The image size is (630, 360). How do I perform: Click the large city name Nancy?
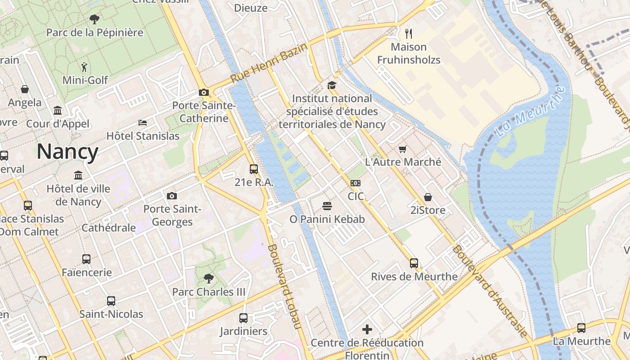(67, 152)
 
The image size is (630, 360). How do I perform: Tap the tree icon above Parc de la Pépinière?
(94, 19)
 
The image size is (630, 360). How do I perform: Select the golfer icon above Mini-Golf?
(84, 67)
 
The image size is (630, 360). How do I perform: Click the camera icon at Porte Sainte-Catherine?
(204, 92)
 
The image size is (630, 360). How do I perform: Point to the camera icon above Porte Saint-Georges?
(171, 196)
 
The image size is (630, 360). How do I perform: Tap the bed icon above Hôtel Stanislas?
(143, 122)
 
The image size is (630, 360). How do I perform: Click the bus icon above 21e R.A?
(254, 169)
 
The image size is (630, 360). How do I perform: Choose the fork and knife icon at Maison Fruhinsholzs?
(409, 33)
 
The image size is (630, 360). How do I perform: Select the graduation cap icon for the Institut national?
(332, 85)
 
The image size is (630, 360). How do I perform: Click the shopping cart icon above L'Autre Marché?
(403, 149)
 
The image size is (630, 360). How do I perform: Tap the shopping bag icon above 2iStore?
(427, 197)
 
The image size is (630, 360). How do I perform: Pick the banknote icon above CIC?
(355, 183)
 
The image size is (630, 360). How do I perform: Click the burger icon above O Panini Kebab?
(327, 206)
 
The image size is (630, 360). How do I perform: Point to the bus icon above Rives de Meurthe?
(414, 263)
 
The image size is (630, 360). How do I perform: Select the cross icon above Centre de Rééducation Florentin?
(367, 329)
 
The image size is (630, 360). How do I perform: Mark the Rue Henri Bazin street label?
(269, 63)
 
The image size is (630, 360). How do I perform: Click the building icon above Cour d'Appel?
(58, 110)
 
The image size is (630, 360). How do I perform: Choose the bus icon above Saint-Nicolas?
(111, 301)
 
